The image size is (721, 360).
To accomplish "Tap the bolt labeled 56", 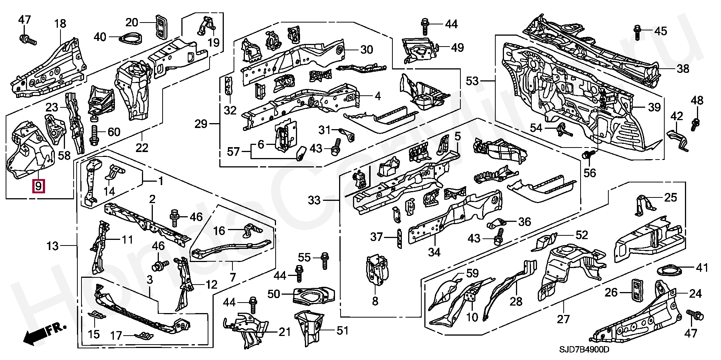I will coord(588,155).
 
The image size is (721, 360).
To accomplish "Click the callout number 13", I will coord(53,246).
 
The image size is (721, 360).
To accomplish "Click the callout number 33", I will coord(314,200).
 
